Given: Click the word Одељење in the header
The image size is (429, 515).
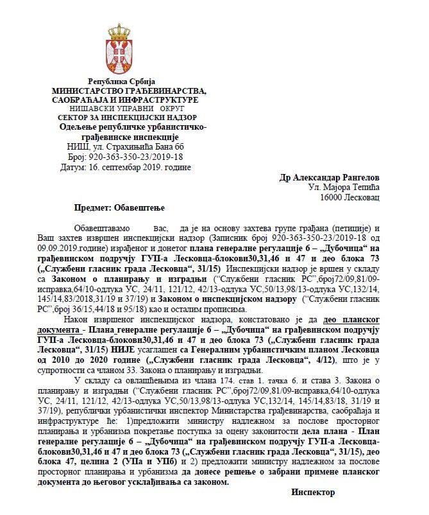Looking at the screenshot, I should point(77,128).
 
